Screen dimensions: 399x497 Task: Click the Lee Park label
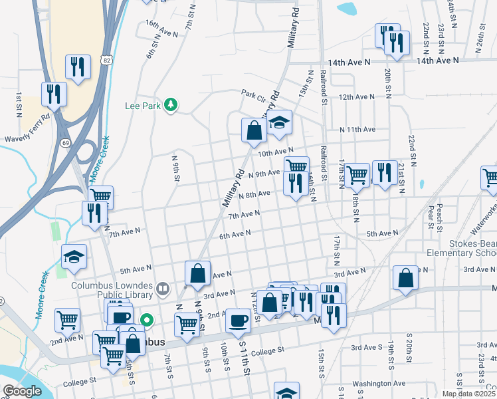(142, 105)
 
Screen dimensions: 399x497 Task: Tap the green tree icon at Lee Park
(171, 104)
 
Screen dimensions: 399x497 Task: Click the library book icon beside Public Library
(163, 289)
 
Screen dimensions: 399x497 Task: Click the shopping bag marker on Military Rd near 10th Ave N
(254, 130)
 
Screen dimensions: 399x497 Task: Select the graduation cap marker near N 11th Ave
(280, 122)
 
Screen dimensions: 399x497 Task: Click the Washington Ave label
(379, 383)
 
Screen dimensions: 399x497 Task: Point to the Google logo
(21, 390)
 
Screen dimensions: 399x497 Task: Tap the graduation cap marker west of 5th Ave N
(74, 257)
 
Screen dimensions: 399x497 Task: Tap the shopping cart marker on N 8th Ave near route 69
(100, 197)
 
